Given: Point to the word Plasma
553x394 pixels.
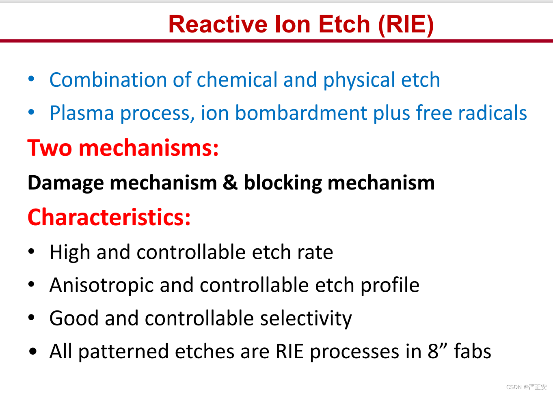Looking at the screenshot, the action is (82, 113).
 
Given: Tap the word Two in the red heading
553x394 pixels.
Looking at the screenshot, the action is (50, 148).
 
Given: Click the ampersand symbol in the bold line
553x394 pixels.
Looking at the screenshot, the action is (230, 183).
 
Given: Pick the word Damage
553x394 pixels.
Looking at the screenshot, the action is (66, 183).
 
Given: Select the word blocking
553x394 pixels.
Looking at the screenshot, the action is (283, 183).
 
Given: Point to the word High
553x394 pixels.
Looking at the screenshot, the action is (70, 252).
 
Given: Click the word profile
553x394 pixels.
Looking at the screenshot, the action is (390, 285).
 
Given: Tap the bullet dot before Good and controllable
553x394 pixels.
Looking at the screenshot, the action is (31, 318).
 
